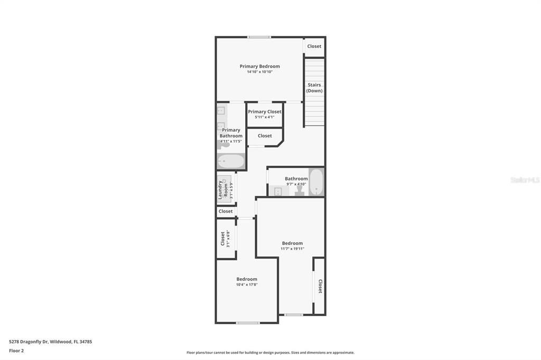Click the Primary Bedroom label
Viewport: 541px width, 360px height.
pos(260,66)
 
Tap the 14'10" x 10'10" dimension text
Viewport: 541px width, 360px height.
pos(260,72)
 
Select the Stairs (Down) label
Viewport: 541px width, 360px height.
pos(314,88)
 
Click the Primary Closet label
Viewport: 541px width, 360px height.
pos(265,111)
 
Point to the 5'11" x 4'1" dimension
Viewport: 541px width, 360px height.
pos(265,117)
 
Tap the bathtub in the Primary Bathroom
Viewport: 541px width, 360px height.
pos(231,161)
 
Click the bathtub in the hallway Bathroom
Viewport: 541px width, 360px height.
pos(316,182)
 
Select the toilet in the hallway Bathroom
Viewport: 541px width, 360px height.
pos(300,191)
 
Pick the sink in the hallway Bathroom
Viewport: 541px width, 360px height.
pos(278,192)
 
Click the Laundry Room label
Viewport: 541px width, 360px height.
pos(223,190)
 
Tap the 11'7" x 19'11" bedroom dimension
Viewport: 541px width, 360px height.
pos(292,249)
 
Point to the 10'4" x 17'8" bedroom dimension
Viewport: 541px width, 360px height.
pos(247,285)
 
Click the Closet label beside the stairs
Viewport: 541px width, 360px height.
pos(314,46)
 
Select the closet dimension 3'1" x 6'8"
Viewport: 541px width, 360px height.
pos(228,239)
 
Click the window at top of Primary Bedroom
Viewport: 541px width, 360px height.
pos(259,37)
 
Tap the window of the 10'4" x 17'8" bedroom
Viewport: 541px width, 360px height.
pos(248,323)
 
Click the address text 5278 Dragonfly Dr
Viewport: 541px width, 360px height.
pos(29,342)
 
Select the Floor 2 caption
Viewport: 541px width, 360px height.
pos(16,350)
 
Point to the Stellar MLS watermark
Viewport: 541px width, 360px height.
pos(525,180)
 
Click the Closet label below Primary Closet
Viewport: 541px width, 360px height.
pos(265,136)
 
